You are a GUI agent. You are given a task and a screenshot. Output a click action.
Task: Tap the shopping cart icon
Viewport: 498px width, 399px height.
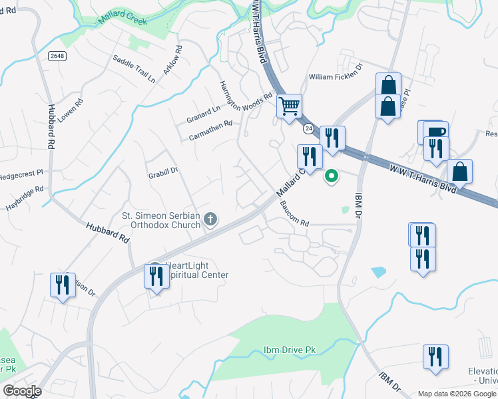point(289,106)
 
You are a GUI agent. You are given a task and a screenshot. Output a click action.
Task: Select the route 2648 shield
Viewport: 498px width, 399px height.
point(57,57)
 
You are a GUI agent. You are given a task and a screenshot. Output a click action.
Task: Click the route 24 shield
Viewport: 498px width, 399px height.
point(308,127)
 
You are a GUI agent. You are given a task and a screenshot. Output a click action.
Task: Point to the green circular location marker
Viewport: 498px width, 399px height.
point(331,176)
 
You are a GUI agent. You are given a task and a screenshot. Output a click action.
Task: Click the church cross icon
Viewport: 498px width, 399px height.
point(210,219)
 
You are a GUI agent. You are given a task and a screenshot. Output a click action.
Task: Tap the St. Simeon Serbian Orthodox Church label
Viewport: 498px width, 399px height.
point(161,220)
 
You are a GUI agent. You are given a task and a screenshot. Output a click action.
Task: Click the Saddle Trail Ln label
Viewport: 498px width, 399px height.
point(134,68)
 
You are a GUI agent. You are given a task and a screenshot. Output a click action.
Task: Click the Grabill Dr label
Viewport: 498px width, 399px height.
point(163,171)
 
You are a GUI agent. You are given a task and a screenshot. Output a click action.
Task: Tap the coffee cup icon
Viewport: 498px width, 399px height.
point(435,131)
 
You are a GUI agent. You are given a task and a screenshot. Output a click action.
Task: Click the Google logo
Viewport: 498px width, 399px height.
point(22,391)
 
